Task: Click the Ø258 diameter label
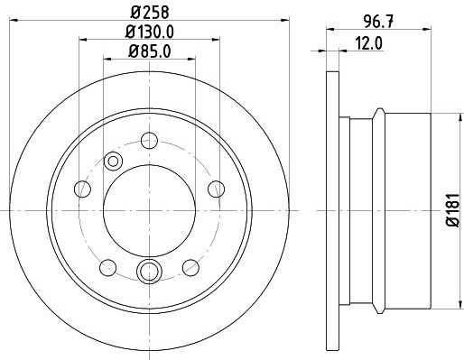pyautogui.click(x=150, y=13)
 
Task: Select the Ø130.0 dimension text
pyautogui.click(x=150, y=32)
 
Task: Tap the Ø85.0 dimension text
pyautogui.click(x=150, y=51)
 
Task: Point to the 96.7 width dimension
pyautogui.click(x=378, y=22)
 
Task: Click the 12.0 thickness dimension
pyautogui.click(x=368, y=43)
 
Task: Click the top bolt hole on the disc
pyautogui.click(x=149, y=140)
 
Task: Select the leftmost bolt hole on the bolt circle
pyautogui.click(x=82, y=189)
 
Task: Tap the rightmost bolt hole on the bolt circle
pyautogui.click(x=216, y=189)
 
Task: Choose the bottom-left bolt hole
pyautogui.click(x=107, y=267)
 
